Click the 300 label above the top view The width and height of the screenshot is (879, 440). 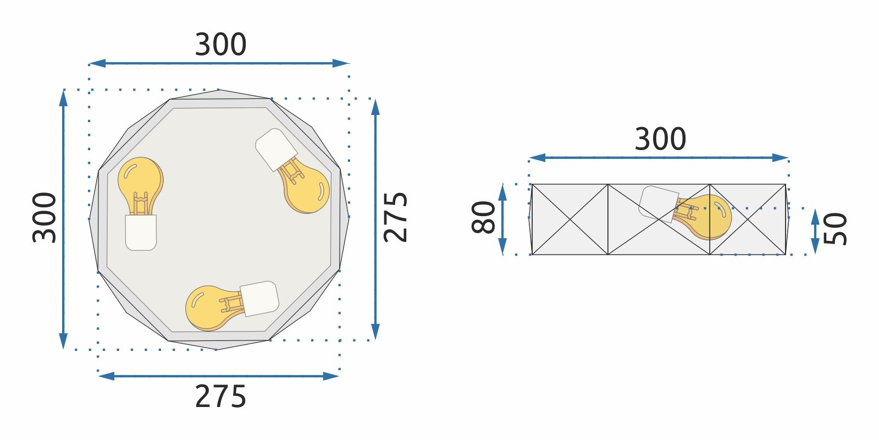click(x=220, y=45)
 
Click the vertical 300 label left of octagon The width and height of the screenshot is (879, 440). click(x=45, y=218)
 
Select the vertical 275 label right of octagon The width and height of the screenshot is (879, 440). click(x=396, y=217)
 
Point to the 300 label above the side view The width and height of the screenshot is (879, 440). click(x=660, y=140)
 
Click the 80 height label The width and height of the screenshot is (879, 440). click(x=484, y=218)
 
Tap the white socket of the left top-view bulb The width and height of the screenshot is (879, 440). click(x=141, y=233)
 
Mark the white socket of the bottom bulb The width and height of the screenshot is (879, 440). click(x=259, y=298)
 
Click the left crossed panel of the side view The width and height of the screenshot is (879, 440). click(x=570, y=219)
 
